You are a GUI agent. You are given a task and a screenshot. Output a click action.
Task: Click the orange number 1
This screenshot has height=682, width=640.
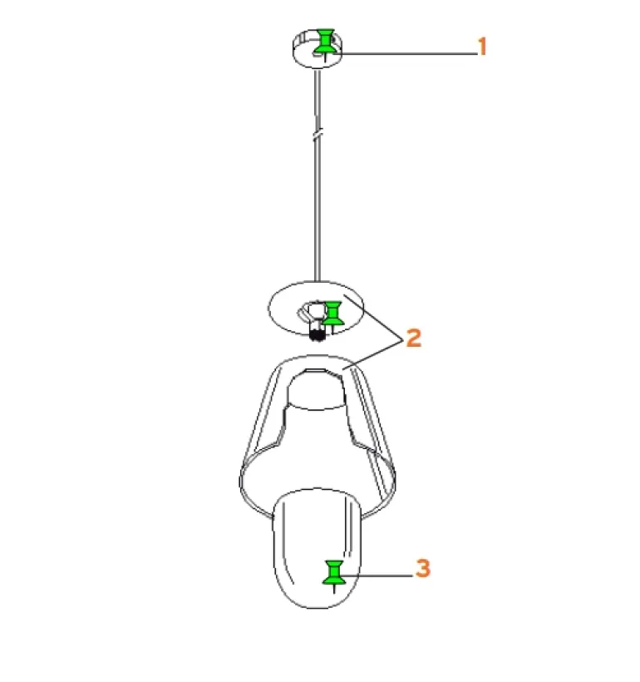(x=482, y=47)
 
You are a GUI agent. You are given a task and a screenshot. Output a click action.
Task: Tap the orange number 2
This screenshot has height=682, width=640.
(x=413, y=338)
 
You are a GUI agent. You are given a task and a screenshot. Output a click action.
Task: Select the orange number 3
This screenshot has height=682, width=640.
(x=422, y=568)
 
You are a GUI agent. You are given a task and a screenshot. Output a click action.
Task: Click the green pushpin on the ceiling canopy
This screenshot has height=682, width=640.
(x=325, y=42)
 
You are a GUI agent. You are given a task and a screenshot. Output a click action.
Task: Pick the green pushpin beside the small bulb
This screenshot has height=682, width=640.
(x=333, y=314)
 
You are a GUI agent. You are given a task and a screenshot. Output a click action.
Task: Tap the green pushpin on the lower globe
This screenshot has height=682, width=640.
(x=334, y=574)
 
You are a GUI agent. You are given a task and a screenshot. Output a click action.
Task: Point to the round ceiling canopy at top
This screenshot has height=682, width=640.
(x=317, y=49)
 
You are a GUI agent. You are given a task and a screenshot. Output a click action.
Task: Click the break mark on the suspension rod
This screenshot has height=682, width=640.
(x=318, y=133)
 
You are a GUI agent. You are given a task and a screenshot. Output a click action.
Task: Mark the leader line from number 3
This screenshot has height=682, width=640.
(x=379, y=576)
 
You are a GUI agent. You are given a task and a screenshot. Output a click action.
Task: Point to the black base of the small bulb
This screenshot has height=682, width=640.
(x=318, y=335)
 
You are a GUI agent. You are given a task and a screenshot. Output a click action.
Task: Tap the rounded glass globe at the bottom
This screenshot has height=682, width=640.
(x=318, y=548)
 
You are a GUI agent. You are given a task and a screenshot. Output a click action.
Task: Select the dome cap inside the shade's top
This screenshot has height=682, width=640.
(x=317, y=389)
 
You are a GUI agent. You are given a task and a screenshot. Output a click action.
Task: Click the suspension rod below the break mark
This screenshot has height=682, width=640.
(x=318, y=209)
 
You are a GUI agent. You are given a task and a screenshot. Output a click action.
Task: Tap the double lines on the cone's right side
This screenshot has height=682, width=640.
(x=370, y=435)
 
